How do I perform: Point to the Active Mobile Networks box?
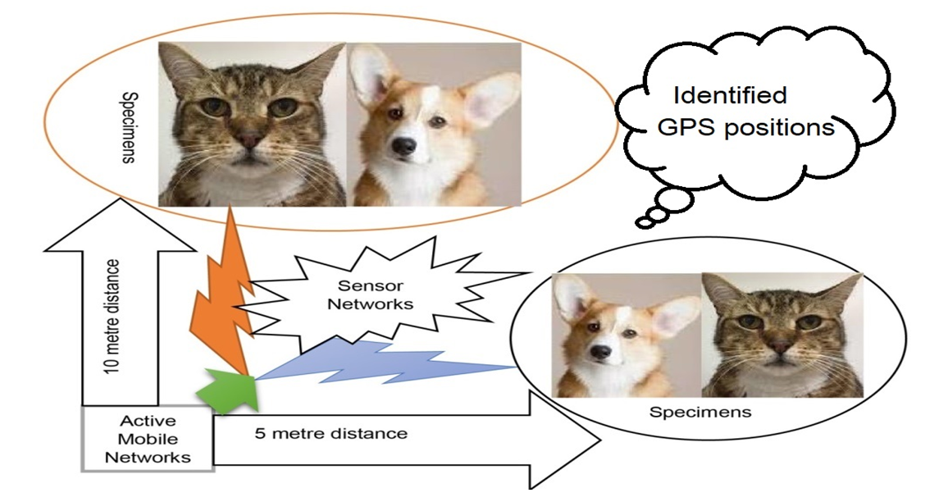147,439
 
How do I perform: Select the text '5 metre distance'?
330,432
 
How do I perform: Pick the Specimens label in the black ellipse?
700,412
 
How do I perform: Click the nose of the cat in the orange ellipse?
249,139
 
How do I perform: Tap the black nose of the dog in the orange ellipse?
403,146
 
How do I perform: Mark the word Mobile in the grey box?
147,439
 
